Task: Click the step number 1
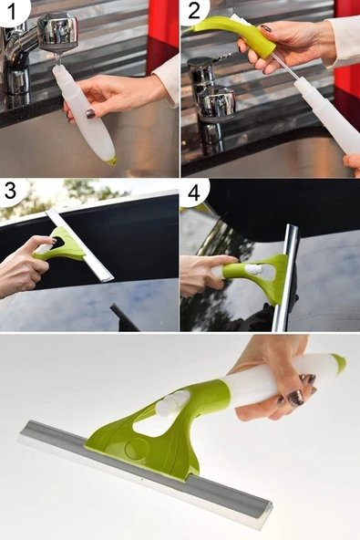pos(12,11)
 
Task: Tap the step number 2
pos(194,10)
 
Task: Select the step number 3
pos(10,190)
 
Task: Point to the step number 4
pos(194,192)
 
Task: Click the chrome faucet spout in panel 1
pos(57,31)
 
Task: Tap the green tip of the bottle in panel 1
pos(111,160)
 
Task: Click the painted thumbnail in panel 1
pos(90,113)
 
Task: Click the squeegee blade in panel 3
pos(80,246)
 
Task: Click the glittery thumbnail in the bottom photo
pos(295,399)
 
